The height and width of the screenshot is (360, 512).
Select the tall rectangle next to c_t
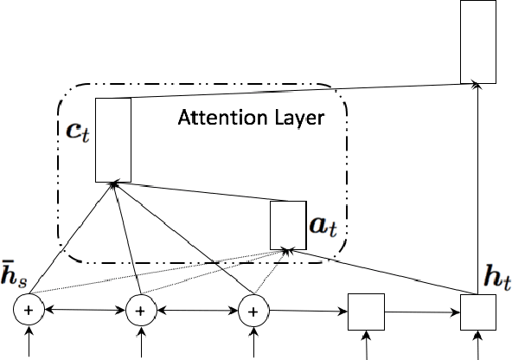point(112,139)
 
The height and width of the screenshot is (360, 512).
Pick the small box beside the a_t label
point(287,225)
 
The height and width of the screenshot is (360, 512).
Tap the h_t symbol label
point(496,280)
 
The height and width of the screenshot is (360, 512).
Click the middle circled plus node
point(142,310)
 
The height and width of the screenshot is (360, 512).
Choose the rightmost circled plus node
point(253,310)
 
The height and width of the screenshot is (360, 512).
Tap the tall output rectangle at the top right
point(477,42)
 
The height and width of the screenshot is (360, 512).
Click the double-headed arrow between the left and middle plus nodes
point(86,310)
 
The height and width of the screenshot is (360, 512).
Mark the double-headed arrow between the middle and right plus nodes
point(197,310)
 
